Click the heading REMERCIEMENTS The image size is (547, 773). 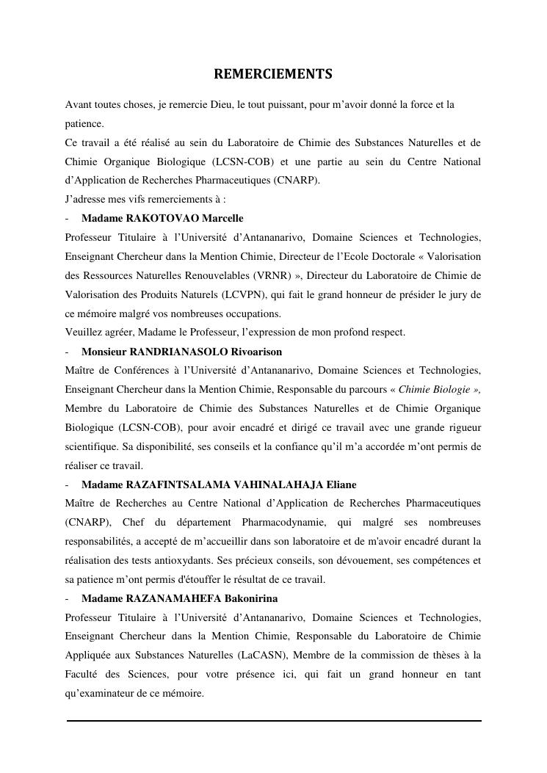pos(273,74)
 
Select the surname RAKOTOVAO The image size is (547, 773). pos(163,218)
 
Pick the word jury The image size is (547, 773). pos(456,294)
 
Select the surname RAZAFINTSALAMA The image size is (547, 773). pos(178,485)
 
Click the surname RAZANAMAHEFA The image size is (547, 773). pos(177,598)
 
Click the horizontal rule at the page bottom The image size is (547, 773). pos(274,721)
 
